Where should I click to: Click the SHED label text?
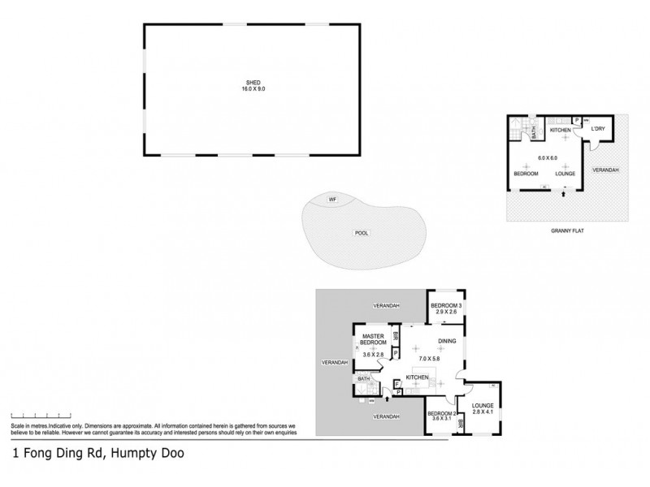pyautogui.click(x=253, y=81)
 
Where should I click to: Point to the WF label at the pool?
pyautogui.click(x=331, y=200)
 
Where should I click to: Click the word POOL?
pyautogui.click(x=362, y=233)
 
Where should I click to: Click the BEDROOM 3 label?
pyautogui.click(x=448, y=304)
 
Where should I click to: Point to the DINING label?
pyautogui.click(x=446, y=342)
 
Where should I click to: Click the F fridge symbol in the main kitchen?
pyautogui.click(x=396, y=385)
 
